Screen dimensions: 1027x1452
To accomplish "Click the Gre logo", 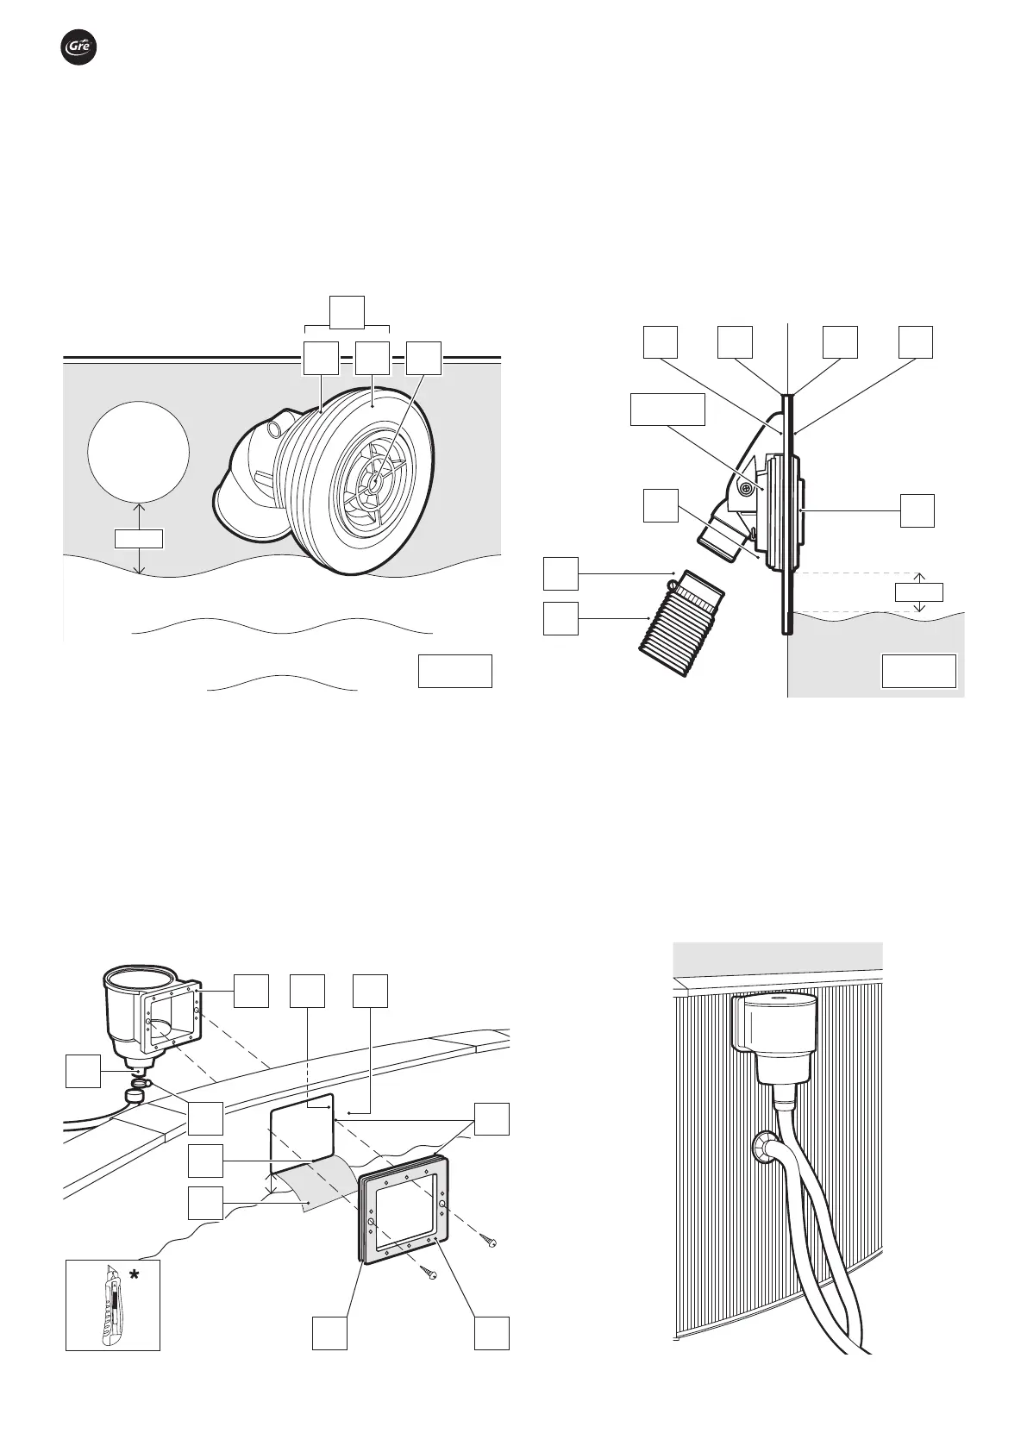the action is click(78, 47).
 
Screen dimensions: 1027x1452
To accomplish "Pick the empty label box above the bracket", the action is click(347, 312).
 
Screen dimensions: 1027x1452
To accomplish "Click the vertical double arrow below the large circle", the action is click(139, 538).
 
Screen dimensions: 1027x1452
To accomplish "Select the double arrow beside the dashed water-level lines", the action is click(918, 592).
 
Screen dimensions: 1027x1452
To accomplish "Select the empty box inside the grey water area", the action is click(918, 671).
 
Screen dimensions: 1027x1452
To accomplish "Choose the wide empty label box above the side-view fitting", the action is click(667, 409).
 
